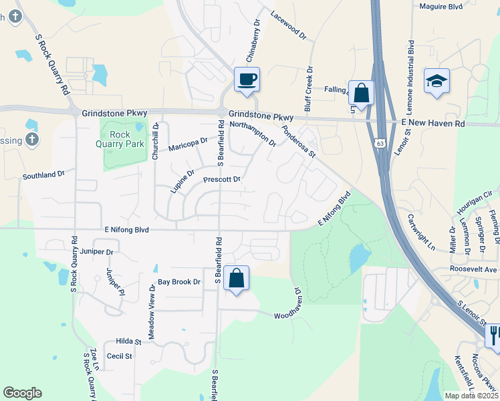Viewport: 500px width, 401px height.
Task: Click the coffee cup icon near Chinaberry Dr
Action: pyautogui.click(x=247, y=80)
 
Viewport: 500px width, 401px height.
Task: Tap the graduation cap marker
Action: pyautogui.click(x=436, y=82)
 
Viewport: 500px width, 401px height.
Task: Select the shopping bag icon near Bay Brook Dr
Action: pyautogui.click(x=237, y=278)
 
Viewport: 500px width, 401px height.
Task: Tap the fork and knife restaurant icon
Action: pyautogui.click(x=494, y=334)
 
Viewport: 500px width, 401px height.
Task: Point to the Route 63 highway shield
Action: pyautogui.click(x=380, y=143)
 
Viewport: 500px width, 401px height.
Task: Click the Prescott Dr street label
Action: pyautogui.click(x=221, y=179)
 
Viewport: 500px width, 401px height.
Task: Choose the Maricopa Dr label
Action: pyautogui.click(x=188, y=144)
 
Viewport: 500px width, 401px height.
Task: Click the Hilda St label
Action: pyautogui.click(x=129, y=341)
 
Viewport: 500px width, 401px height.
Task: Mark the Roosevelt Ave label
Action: pyautogui.click(x=474, y=270)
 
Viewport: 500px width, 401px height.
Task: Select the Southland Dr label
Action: pyautogui.click(x=43, y=174)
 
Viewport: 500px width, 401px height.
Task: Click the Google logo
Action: pyautogui.click(x=22, y=393)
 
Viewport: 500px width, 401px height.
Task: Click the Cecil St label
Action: pyautogui.click(x=120, y=356)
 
